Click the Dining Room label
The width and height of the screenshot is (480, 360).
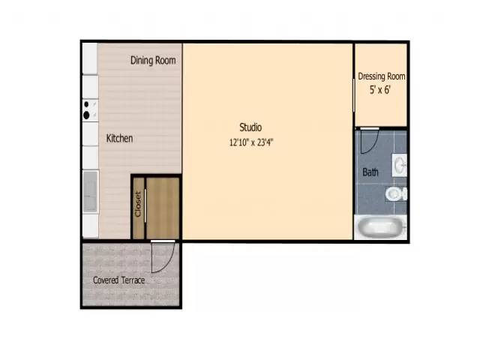tap(153, 61)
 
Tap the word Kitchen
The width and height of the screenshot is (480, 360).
tap(119, 138)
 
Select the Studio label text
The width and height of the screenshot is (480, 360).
tap(250, 127)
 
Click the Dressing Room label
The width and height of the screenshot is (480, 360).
tap(382, 76)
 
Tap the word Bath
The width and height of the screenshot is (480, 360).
tap(370, 172)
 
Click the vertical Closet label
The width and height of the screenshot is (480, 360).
tap(138, 204)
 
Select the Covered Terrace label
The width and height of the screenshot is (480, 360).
tap(118, 280)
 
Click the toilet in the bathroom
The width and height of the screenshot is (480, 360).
tap(394, 194)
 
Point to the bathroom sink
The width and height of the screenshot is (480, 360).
tap(399, 163)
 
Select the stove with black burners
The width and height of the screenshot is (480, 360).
tap(90, 110)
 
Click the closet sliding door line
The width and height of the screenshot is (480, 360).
tap(145, 210)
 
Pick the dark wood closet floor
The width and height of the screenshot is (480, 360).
tap(163, 208)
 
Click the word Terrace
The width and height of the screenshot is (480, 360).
tap(133, 280)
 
